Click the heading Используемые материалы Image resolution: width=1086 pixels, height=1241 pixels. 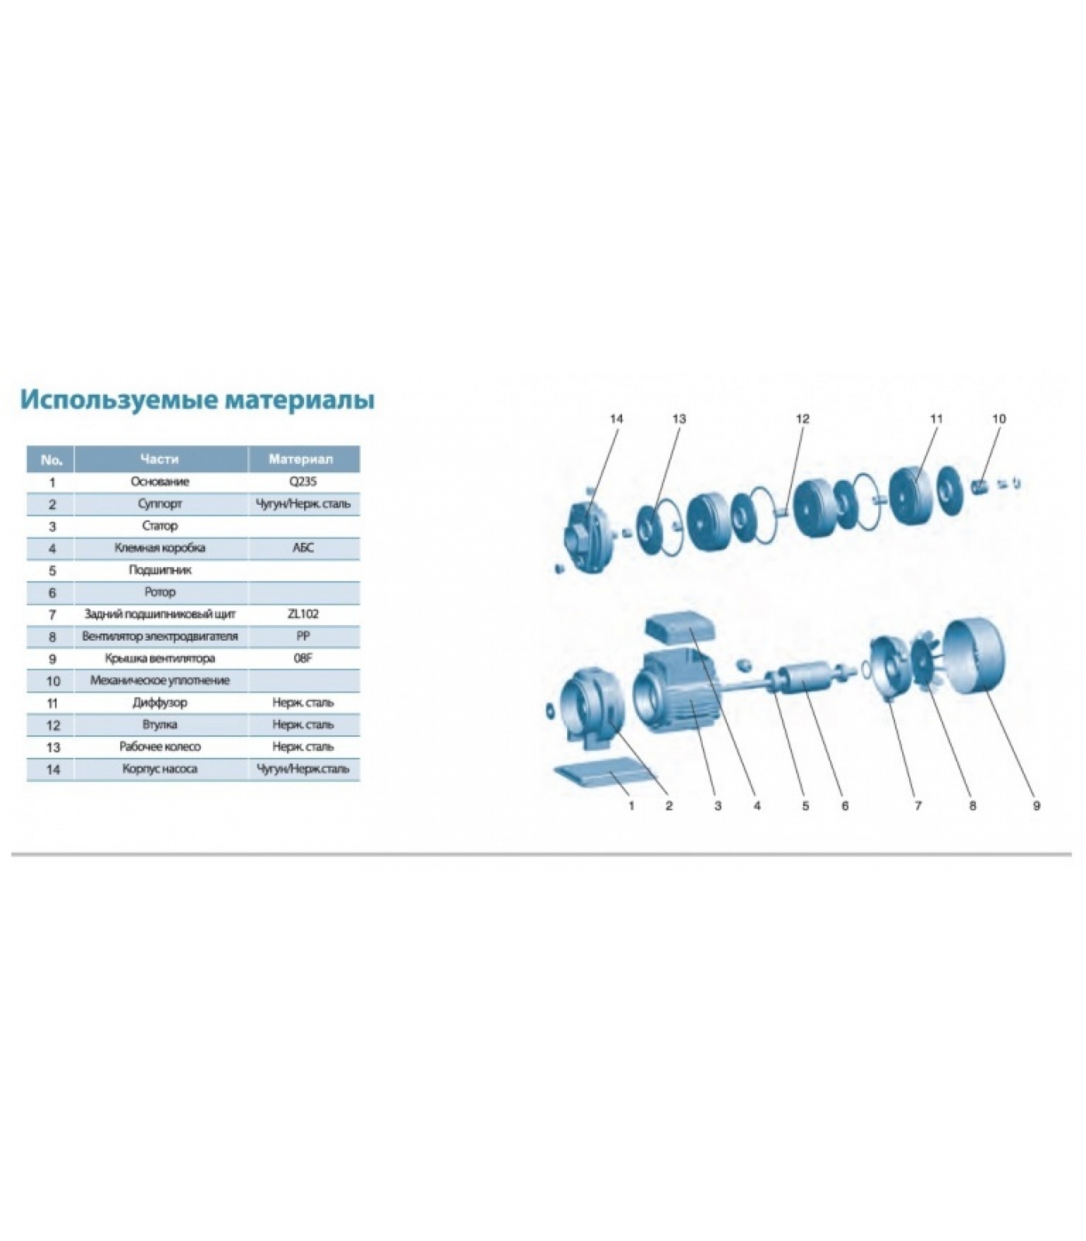point(197,399)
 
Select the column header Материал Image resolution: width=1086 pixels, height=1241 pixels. point(301,459)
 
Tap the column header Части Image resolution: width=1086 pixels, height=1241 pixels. point(160,459)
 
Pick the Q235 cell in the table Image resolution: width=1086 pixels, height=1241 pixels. point(303,482)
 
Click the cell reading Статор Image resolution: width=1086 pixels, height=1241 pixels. point(160,526)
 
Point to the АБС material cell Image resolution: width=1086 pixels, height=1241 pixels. point(303,548)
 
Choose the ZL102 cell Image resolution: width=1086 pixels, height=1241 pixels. point(303,614)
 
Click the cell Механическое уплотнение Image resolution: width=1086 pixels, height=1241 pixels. point(160,680)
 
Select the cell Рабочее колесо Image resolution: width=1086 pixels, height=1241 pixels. point(160,746)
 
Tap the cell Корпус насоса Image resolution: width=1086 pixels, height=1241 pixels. point(160,769)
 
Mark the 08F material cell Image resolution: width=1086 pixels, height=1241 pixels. point(303,659)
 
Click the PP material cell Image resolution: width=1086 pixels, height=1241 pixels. point(303,636)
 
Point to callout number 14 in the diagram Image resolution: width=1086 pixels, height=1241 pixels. point(617,419)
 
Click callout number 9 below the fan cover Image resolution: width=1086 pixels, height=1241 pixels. point(1036,806)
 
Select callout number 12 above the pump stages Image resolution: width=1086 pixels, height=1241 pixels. point(803,419)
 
